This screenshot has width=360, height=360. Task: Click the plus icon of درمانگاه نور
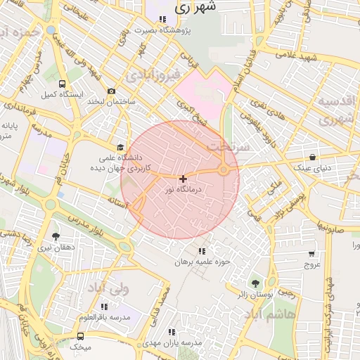(x=183, y=179)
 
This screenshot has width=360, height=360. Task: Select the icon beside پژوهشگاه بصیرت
(x=163, y=20)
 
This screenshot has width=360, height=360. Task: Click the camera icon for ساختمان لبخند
(x=111, y=91)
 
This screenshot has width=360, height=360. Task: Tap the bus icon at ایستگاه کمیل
(x=63, y=83)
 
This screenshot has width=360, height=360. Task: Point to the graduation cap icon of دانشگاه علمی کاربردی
(x=120, y=148)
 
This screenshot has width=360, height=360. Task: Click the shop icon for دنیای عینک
(x=313, y=157)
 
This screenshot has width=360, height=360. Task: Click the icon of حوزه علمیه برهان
(x=202, y=251)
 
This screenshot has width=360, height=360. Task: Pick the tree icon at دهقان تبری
(x=56, y=236)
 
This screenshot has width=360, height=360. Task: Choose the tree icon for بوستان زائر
(x=255, y=283)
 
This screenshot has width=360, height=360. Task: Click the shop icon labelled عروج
(x=311, y=254)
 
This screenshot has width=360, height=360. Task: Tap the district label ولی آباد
(x=108, y=288)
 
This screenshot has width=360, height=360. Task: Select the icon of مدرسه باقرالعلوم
(x=104, y=307)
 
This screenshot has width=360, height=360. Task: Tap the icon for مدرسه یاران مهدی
(x=171, y=331)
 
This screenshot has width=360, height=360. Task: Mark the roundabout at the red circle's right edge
(x=224, y=169)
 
